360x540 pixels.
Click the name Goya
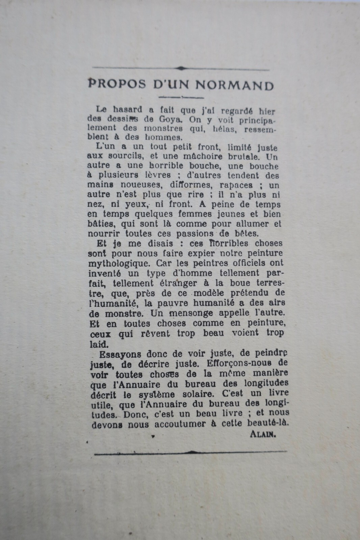pos(174,119)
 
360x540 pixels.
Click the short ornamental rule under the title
pos(181,98)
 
